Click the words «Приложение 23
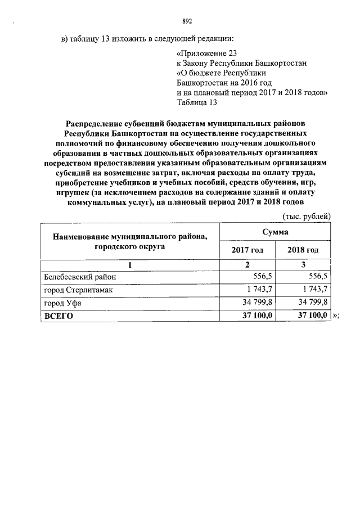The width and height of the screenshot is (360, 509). (x=206, y=53)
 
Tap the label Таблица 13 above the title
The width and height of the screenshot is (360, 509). (x=196, y=102)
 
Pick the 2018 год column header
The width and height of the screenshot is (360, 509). (x=303, y=250)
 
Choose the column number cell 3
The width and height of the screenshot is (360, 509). (x=303, y=265)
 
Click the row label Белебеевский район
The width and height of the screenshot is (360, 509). (x=80, y=277)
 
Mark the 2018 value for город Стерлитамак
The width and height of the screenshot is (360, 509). (x=314, y=290)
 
